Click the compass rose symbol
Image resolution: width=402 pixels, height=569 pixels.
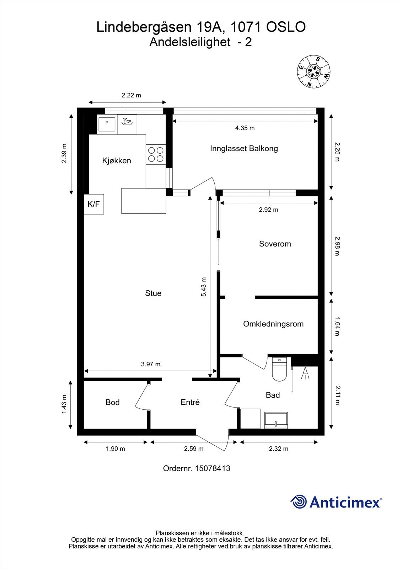tap(313, 71)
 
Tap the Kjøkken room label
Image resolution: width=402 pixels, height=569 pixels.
tap(117, 160)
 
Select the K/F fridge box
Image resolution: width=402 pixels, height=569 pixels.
tap(94, 204)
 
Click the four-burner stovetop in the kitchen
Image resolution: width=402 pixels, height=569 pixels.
tap(156, 154)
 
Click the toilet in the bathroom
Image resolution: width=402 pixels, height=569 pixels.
tap(279, 369)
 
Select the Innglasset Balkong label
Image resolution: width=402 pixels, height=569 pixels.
tap(244, 148)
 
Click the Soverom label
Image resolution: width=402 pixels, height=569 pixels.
tap(275, 244)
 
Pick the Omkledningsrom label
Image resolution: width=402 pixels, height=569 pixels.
tap(273, 324)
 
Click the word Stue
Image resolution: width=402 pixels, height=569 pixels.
tap(153, 293)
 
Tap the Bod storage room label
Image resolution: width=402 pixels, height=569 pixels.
tap(113, 402)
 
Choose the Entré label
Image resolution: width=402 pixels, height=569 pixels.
tap(190, 402)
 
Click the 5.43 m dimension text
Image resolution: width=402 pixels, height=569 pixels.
tap(204, 287)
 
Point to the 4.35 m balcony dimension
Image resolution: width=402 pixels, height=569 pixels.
tap(245, 128)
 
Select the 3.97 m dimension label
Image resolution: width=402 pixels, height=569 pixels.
tap(151, 364)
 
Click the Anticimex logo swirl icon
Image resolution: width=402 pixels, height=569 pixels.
tap(299, 501)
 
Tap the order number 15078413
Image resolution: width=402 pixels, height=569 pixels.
tap(212, 468)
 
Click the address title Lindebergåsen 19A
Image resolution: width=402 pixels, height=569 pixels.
tap(161, 27)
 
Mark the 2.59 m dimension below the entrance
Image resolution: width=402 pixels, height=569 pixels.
tap(194, 448)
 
